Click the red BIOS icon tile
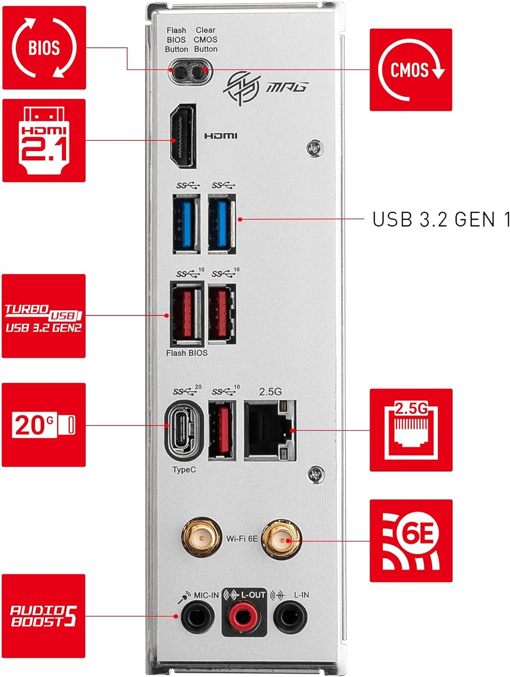tap(44, 48)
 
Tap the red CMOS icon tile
tap(411, 70)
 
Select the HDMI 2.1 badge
tap(44, 140)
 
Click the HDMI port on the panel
tap(183, 136)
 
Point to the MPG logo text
tap(287, 86)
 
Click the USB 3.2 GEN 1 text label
tap(440, 220)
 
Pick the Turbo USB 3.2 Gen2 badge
tap(43, 316)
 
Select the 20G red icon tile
tap(43, 425)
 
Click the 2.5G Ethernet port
tap(269, 431)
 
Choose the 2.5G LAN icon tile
tap(411, 430)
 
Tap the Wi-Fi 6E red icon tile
tap(411, 540)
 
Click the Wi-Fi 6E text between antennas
tap(242, 538)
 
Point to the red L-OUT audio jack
tap(243, 616)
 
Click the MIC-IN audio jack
tap(198, 616)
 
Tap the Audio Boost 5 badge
tap(43, 616)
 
